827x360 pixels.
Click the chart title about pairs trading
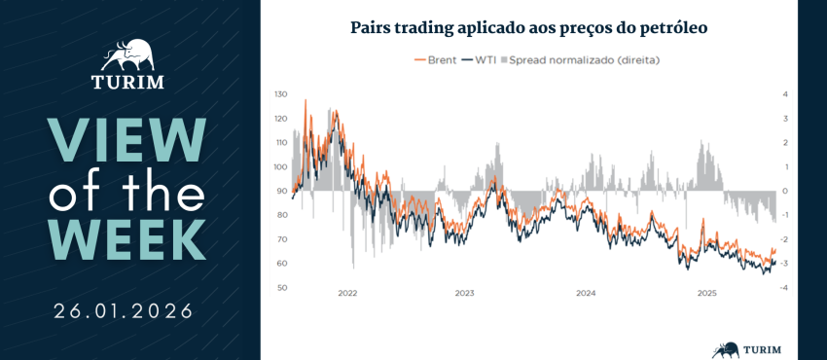[x=528, y=28]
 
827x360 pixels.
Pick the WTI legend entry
[x=479, y=60]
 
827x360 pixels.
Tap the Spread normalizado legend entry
[x=580, y=60]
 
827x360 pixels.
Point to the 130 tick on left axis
[x=280, y=94]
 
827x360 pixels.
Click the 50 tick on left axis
[x=281, y=288]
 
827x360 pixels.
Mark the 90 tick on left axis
[x=281, y=191]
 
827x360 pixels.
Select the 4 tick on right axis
[x=785, y=94]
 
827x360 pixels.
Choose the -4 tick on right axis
[x=784, y=288]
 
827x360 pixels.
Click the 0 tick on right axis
[x=785, y=191]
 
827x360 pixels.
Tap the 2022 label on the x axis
[x=347, y=293]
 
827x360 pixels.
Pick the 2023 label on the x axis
[x=465, y=293]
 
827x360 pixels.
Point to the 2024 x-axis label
[x=586, y=293]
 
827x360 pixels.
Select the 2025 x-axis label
[x=706, y=293]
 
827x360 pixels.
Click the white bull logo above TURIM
[x=127, y=55]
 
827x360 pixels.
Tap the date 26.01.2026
[x=124, y=311]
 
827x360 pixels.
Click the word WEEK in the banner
[x=127, y=239]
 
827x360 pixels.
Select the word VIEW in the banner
[x=127, y=140]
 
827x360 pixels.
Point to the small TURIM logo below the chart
[x=746, y=349]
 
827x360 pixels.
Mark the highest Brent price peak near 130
[x=306, y=100]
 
